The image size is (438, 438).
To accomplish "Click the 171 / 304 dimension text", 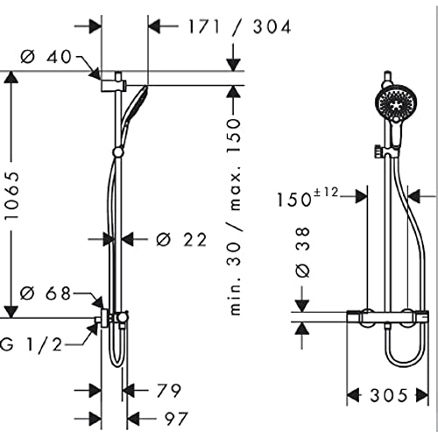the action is [x=239, y=27].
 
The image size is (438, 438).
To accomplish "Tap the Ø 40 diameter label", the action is [x=46, y=56].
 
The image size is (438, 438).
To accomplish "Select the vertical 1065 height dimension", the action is [x=12, y=195].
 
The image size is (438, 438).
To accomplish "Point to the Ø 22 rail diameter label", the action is [x=181, y=240].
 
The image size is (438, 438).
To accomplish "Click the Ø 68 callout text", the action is [x=46, y=293].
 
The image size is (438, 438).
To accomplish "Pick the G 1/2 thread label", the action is [x=32, y=344].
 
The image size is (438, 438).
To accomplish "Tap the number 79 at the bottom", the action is [x=168, y=391].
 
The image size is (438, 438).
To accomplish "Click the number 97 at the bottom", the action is [x=175, y=419].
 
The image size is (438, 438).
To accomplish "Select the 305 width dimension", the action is [x=388, y=396].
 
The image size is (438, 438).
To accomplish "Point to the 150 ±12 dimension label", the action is [x=307, y=197].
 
